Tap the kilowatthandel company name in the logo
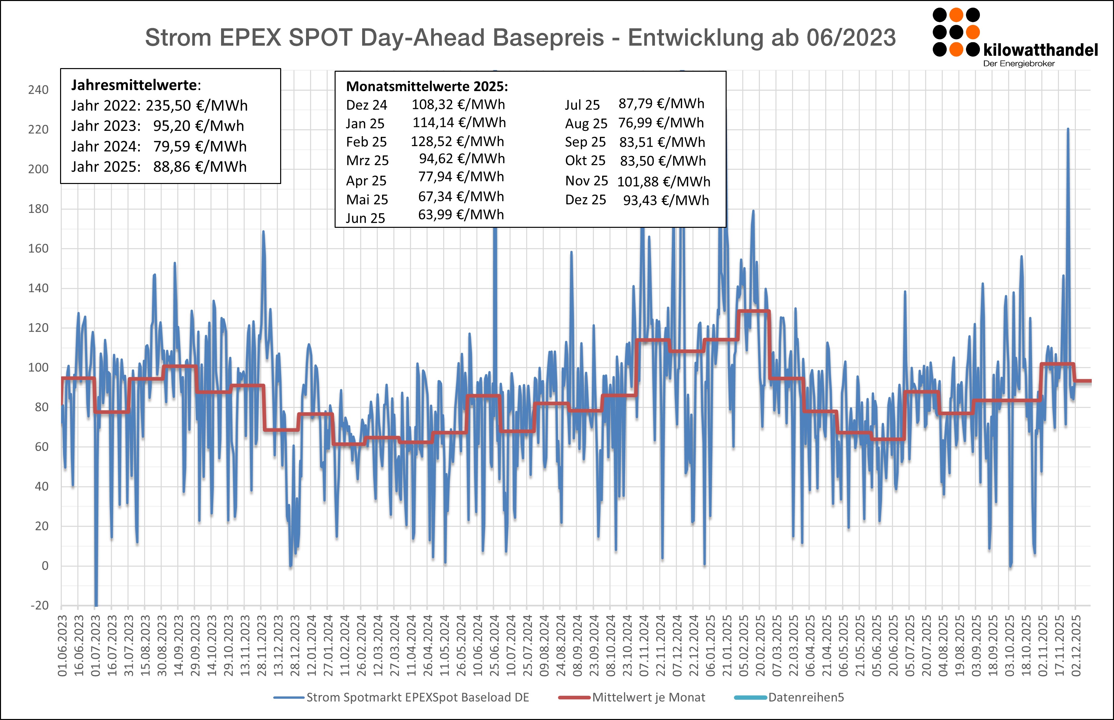tap(1040, 49)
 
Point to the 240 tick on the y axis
tap(38, 90)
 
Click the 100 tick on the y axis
tap(38, 368)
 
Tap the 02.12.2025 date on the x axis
tap(1076, 646)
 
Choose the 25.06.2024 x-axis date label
tap(494, 646)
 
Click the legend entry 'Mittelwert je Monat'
tap(648, 697)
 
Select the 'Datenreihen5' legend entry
tap(806, 697)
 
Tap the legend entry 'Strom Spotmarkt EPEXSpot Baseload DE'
tap(417, 697)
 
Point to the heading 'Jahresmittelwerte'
tap(134, 85)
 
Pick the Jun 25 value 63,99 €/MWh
tap(461, 215)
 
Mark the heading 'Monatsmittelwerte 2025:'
tap(427, 86)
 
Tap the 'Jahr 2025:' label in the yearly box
tap(106, 167)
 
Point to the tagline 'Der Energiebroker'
tap(1019, 63)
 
